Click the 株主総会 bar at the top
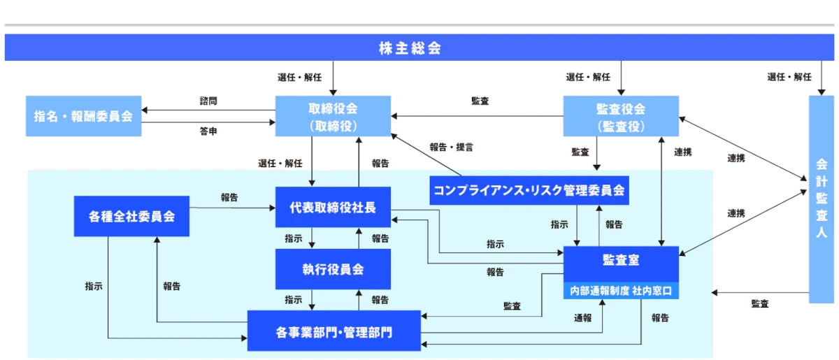[x=419, y=48]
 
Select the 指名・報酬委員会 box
[x=83, y=115]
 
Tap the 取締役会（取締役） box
[x=333, y=115]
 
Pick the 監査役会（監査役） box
[x=621, y=115]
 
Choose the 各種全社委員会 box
[x=131, y=216]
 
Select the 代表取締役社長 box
[x=333, y=207]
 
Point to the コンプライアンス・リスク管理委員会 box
[x=529, y=189]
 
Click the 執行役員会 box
[x=333, y=269]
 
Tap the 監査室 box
[x=621, y=261]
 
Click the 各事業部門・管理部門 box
[x=334, y=331]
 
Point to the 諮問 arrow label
[x=208, y=101]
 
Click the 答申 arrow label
[x=208, y=131]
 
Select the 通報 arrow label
[x=583, y=318]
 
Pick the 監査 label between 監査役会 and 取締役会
[x=480, y=101]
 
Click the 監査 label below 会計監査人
[x=760, y=303]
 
